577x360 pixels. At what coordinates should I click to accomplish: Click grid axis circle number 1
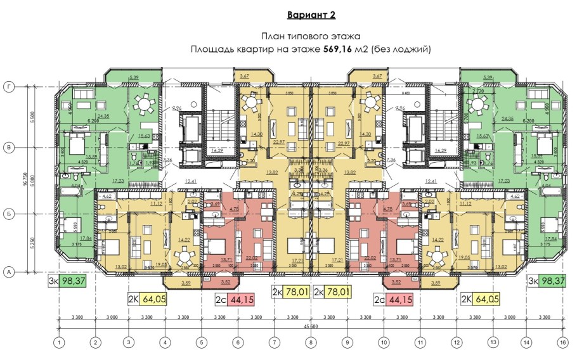[59, 342]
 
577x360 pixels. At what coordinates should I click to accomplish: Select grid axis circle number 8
[310, 342]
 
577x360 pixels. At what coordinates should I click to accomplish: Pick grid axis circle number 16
[562, 342]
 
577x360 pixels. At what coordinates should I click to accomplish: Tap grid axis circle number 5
[201, 342]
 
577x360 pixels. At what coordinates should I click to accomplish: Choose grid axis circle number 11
[419, 342]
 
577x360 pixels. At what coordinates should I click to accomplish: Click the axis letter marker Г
[9, 86]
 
